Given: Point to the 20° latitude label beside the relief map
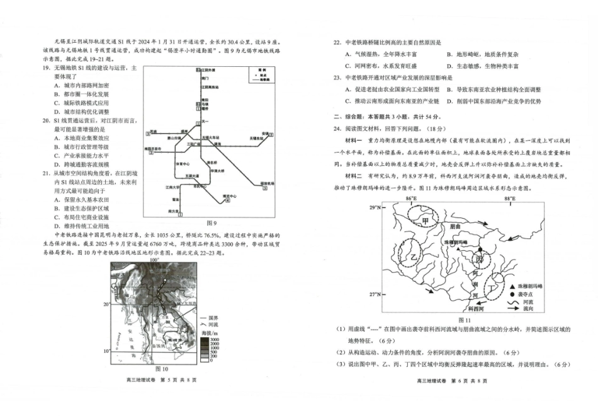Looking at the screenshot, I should pyautogui.click(x=106, y=304).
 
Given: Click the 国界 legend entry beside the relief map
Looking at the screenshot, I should pyautogui.click(x=213, y=317).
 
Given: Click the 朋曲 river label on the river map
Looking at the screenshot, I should pyautogui.click(x=456, y=226).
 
